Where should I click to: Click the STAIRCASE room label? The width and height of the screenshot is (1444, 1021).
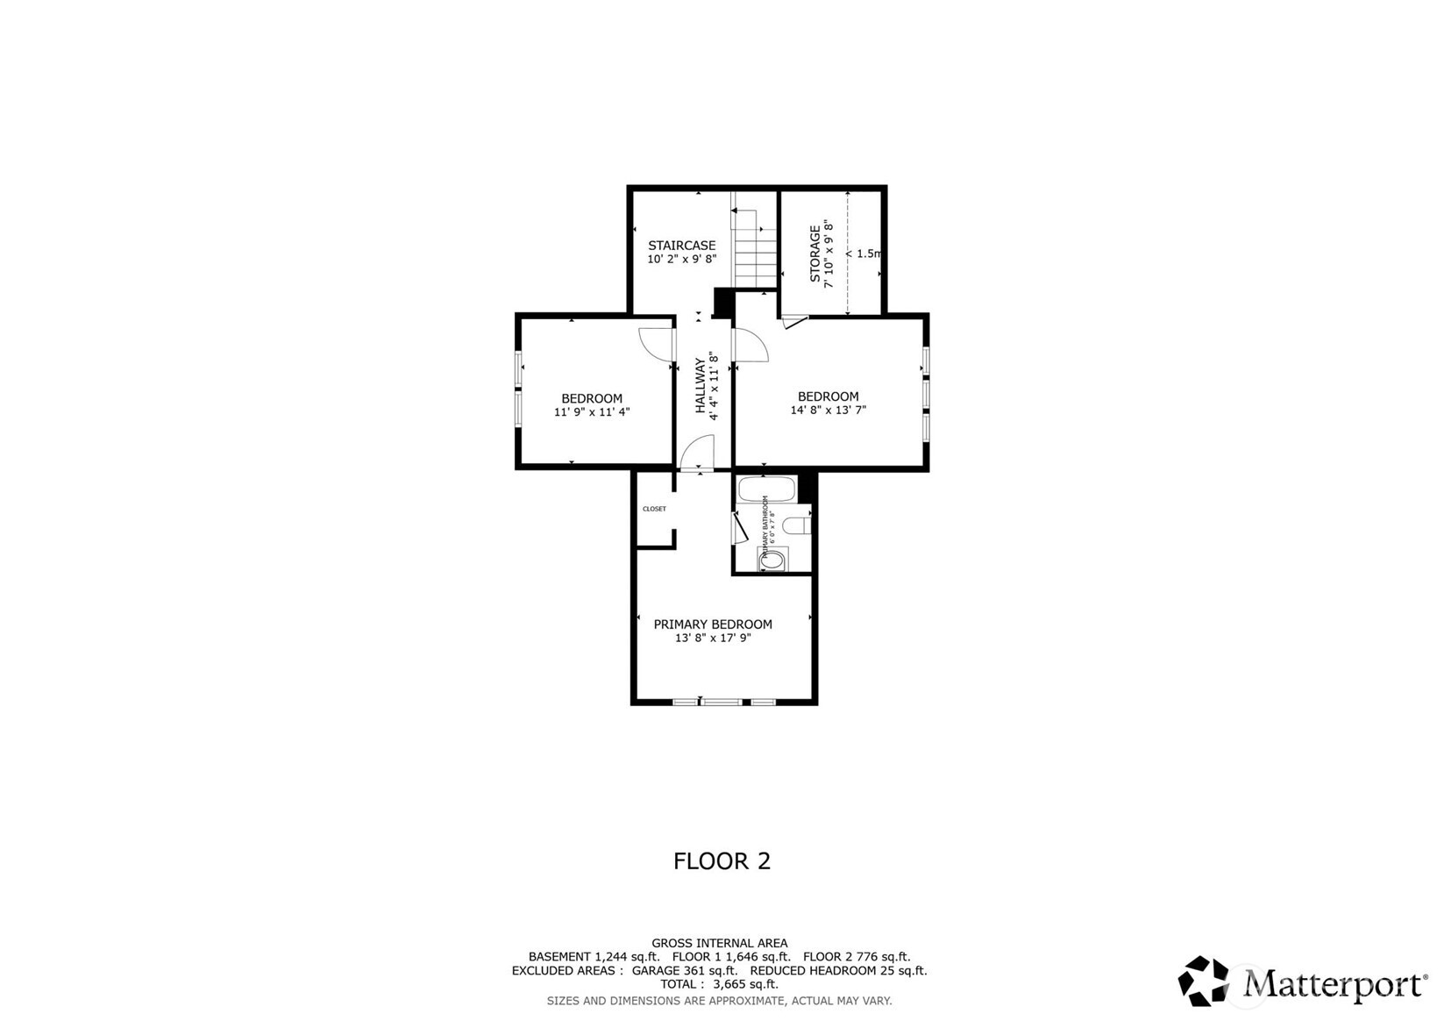pos(681,246)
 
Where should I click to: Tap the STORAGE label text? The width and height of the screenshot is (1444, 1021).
pos(815,253)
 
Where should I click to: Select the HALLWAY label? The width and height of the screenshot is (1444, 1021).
pos(701,386)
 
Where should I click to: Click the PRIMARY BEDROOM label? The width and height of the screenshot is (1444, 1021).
pos(713,625)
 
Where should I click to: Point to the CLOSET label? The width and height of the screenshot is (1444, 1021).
pos(654,509)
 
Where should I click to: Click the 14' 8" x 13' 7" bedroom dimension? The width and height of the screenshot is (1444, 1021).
pos(828,410)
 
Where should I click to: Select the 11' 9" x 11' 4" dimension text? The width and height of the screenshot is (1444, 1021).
pos(592,411)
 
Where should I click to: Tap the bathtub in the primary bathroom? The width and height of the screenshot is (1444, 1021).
pos(766,489)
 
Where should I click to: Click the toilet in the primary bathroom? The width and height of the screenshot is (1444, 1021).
pos(797,525)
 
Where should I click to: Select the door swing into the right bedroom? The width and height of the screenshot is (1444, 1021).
pos(750,346)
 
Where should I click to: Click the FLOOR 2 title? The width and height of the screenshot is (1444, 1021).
pos(722,861)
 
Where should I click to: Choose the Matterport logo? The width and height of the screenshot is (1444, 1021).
pos(1302,982)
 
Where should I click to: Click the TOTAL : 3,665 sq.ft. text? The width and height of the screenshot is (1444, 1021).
pos(719,984)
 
